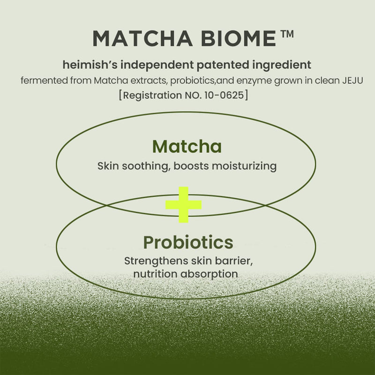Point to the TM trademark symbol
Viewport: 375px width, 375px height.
point(286,34)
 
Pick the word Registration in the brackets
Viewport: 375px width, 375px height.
point(150,96)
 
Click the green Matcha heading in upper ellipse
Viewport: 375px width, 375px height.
point(187,147)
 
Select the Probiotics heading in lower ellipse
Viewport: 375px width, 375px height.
point(188,242)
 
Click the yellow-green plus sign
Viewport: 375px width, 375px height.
point(183,205)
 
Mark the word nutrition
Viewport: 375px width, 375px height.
point(154,273)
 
